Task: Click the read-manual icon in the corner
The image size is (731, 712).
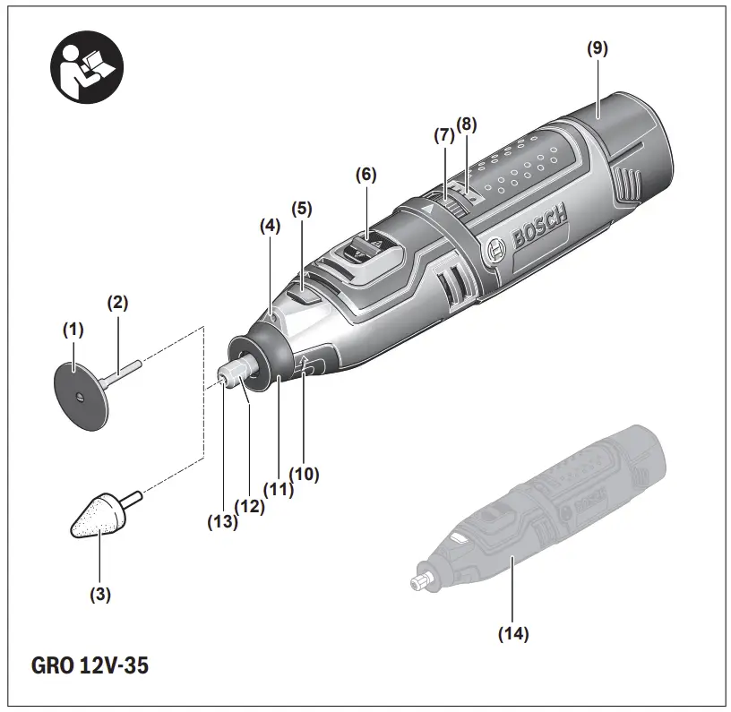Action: tap(87, 67)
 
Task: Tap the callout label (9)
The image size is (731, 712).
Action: tap(598, 48)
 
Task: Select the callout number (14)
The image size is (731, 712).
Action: tap(513, 634)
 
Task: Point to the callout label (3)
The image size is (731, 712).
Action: tap(100, 595)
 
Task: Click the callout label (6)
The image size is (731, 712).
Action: tap(366, 175)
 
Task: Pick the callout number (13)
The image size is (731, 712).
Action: tap(222, 522)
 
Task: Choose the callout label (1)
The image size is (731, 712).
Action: tap(73, 330)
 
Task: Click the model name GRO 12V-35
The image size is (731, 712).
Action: tap(90, 665)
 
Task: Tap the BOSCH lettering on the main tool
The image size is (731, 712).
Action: tap(539, 227)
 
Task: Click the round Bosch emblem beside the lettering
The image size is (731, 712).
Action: tap(495, 250)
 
